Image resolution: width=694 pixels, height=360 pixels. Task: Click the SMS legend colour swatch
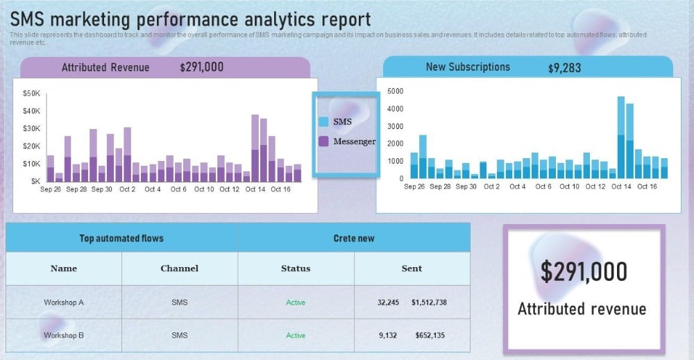pos(323,121)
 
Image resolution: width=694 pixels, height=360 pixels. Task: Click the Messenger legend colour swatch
pos(323,142)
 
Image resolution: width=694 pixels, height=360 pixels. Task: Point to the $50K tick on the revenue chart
pos(32,93)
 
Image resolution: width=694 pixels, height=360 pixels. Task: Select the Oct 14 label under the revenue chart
pos(255,189)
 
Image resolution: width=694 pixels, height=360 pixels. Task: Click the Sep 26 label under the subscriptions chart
pos(414,187)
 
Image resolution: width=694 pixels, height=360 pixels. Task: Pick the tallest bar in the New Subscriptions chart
pos(621,137)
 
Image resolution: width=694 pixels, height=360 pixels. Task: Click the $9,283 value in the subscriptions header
pos(564,68)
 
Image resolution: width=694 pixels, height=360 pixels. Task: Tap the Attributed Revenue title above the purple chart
pos(105,67)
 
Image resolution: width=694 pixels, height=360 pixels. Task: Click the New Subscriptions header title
pos(468,67)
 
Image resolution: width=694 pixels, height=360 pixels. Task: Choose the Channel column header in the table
pos(179,268)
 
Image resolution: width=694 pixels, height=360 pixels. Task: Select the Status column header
pos(296,268)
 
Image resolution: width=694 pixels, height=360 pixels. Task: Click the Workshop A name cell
pos(64,302)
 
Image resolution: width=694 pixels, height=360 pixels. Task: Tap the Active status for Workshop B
pos(296,336)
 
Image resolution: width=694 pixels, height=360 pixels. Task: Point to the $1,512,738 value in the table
pos(429,302)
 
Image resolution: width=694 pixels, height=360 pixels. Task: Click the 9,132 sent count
pos(388,336)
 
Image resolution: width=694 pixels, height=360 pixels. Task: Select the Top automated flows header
pos(121,239)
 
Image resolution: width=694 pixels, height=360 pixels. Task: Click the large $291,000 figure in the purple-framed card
pos(584,272)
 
